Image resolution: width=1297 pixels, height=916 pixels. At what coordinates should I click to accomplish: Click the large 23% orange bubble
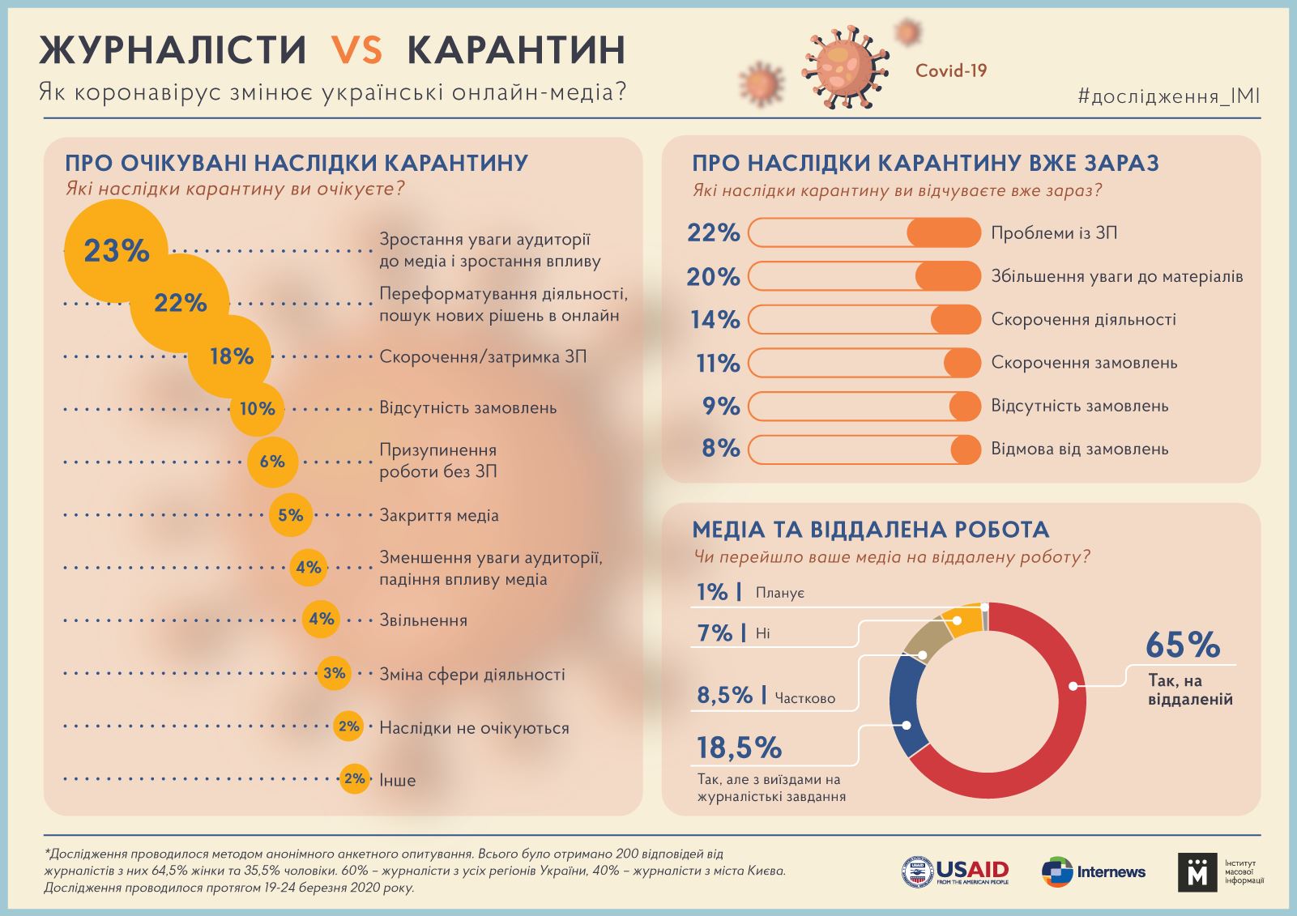[116, 251]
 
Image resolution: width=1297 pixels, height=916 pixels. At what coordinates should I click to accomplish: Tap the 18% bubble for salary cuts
[231, 356]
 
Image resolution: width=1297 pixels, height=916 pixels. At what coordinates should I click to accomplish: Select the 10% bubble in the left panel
[257, 409]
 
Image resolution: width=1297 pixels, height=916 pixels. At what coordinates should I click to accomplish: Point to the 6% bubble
[272, 462]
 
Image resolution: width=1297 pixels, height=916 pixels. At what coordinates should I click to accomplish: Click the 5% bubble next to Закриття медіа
[290, 515]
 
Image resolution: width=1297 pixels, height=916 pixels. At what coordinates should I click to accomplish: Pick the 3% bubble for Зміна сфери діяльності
[334, 673]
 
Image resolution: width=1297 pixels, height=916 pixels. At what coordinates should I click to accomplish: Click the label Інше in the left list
[397, 781]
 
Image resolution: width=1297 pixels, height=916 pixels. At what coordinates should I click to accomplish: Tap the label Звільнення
[423, 621]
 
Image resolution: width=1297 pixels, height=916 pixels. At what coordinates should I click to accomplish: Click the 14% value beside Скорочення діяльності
[715, 320]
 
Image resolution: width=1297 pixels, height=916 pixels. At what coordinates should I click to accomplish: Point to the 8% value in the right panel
[721, 449]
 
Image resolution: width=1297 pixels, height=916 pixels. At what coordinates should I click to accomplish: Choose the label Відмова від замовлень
[1079, 449]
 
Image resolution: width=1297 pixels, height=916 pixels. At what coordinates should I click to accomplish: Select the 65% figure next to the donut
[1182, 645]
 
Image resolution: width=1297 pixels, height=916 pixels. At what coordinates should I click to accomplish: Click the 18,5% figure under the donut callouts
[739, 748]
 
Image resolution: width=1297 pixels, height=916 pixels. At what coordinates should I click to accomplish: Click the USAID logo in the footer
[955, 872]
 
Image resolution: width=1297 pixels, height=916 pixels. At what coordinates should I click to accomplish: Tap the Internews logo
[1093, 872]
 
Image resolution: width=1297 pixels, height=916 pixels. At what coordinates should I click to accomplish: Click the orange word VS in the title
[356, 50]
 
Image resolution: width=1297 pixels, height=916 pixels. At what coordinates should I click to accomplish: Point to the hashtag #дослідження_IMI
[1168, 97]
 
